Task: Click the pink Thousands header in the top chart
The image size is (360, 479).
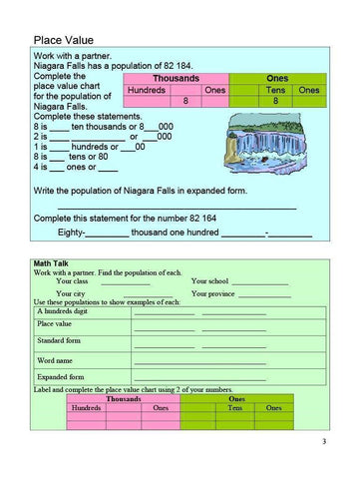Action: click(x=176, y=77)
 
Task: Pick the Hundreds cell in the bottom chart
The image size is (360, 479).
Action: click(x=87, y=407)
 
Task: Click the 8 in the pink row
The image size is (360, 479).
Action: click(x=186, y=102)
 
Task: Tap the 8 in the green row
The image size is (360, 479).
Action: click(x=274, y=102)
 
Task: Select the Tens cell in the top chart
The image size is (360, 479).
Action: click(x=274, y=90)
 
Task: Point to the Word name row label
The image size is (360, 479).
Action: click(x=54, y=359)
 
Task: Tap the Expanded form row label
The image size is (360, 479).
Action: click(x=60, y=377)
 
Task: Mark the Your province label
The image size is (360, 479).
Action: click(x=213, y=293)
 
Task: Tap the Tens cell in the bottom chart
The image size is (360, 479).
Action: click(x=236, y=407)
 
